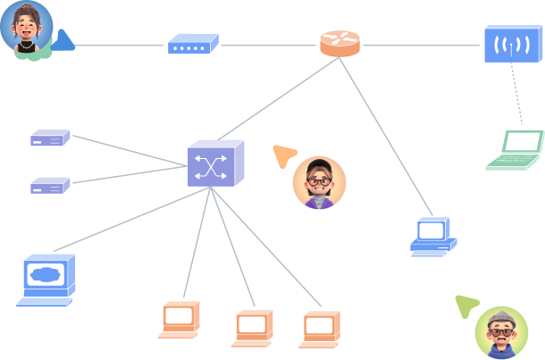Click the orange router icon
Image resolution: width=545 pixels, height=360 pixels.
tap(340, 44)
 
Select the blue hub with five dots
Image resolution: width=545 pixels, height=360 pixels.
tap(193, 43)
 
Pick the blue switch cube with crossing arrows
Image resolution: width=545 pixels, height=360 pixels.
tap(214, 164)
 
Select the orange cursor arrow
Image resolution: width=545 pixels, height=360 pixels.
tap(284, 156)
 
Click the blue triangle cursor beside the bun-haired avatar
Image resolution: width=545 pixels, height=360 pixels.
tap(63, 40)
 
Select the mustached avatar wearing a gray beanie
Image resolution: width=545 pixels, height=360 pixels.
tap(501, 332)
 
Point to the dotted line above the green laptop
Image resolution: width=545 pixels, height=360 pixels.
tap(516, 94)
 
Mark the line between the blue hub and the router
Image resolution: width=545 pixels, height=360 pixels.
tap(268, 44)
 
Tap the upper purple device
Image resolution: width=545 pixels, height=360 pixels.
tap(50, 138)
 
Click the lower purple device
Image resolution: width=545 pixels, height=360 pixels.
tap(50, 185)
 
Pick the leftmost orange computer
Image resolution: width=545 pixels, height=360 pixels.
tap(180, 319)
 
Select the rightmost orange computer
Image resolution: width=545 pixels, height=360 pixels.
tap(319, 328)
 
